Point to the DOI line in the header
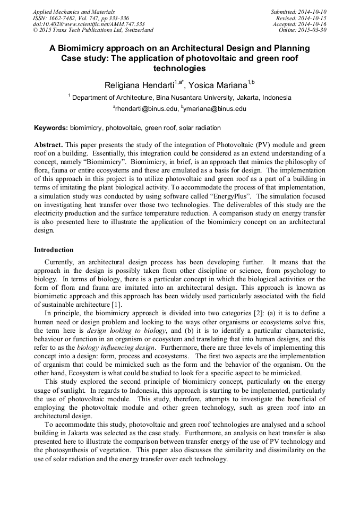coord(89,24)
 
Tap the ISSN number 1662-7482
coord(63,18)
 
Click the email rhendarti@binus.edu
coord(145,109)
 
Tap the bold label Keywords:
coord(51,128)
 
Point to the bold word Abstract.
coord(48,145)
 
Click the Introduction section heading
coord(54,249)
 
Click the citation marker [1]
coord(117,304)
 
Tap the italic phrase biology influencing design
coord(113,347)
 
